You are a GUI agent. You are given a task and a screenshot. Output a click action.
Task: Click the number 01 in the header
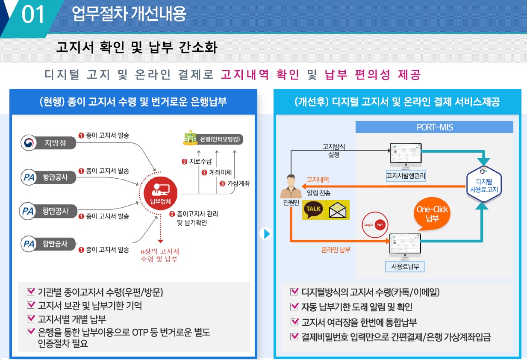tap(33, 15)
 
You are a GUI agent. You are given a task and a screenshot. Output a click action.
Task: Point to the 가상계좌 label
tap(237, 183)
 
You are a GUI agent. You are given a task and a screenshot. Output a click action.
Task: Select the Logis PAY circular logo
tap(375, 224)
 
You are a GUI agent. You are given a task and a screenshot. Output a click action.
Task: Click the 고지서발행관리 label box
tap(406, 176)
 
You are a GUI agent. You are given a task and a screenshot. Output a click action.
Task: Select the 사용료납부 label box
tap(405, 267)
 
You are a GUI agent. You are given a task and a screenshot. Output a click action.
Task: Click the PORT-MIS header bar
tap(434, 127)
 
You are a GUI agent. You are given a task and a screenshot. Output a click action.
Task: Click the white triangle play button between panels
tap(266, 234)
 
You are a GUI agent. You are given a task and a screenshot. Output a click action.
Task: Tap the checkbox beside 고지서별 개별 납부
tap(30, 319)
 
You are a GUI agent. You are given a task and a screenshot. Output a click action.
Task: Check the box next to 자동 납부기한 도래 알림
tap(294, 307)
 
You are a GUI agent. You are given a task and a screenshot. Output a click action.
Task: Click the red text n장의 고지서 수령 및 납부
tap(160, 255)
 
